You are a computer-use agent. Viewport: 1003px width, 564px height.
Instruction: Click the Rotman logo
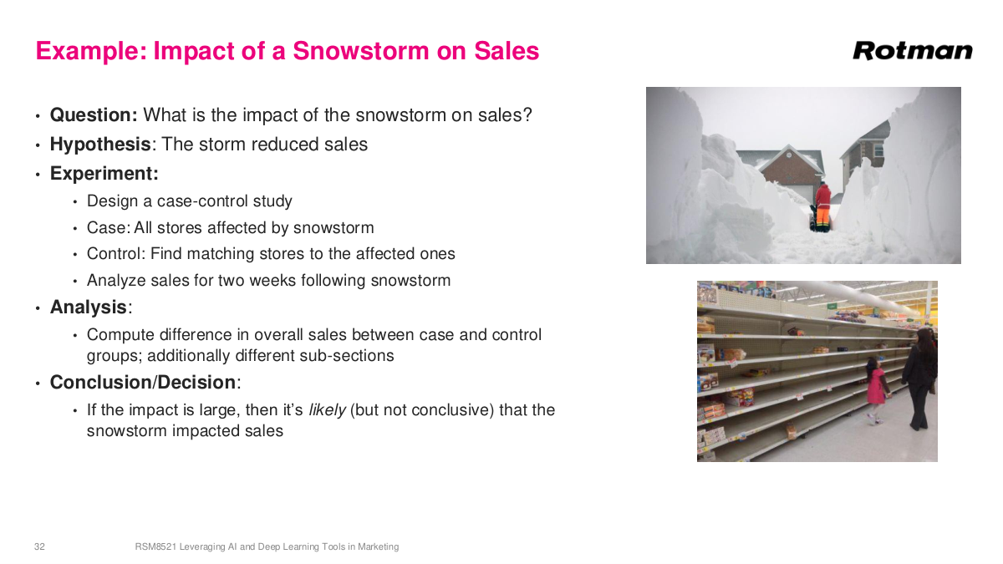tap(913, 51)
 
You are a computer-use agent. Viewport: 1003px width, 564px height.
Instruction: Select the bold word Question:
tap(94, 115)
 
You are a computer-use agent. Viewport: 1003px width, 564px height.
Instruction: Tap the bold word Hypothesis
tap(100, 145)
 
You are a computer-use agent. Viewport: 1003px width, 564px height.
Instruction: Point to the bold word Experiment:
tap(104, 174)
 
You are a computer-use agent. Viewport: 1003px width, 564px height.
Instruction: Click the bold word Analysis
tap(89, 307)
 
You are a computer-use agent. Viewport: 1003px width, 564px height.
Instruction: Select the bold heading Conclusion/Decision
tap(143, 383)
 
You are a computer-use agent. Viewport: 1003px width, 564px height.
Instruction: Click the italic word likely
tap(327, 410)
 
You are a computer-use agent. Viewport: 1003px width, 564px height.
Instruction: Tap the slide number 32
tap(39, 546)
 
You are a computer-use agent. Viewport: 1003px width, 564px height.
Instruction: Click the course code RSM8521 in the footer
tap(155, 546)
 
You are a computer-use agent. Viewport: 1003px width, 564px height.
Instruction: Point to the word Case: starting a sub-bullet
tap(108, 227)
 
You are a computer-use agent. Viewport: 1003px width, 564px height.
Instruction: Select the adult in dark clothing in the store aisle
tap(920, 376)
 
